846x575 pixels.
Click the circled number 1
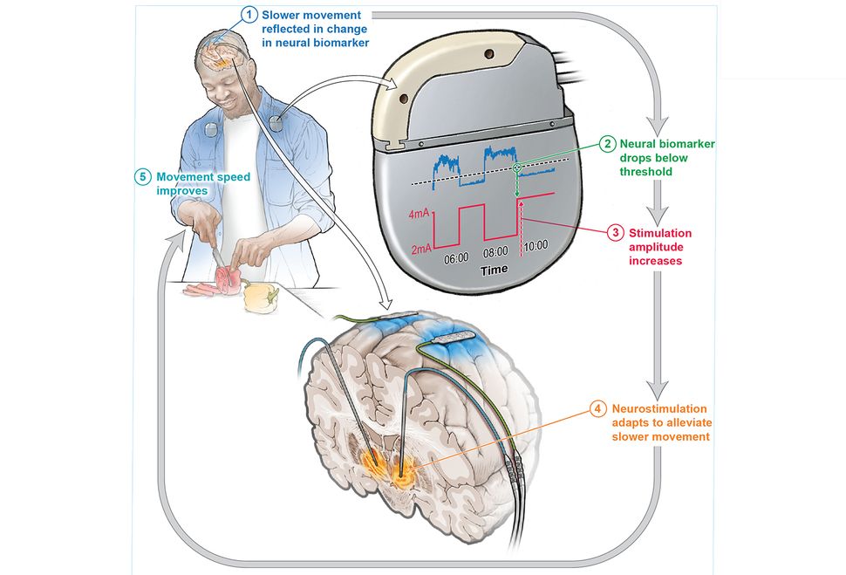(x=250, y=16)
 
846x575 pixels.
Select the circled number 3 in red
(x=616, y=233)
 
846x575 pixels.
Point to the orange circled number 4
(x=597, y=408)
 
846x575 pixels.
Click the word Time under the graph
(x=494, y=270)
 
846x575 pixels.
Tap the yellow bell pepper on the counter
(x=258, y=296)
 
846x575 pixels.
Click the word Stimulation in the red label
(x=660, y=233)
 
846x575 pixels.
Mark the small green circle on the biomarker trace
(x=517, y=168)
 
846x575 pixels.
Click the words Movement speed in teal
(x=203, y=177)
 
